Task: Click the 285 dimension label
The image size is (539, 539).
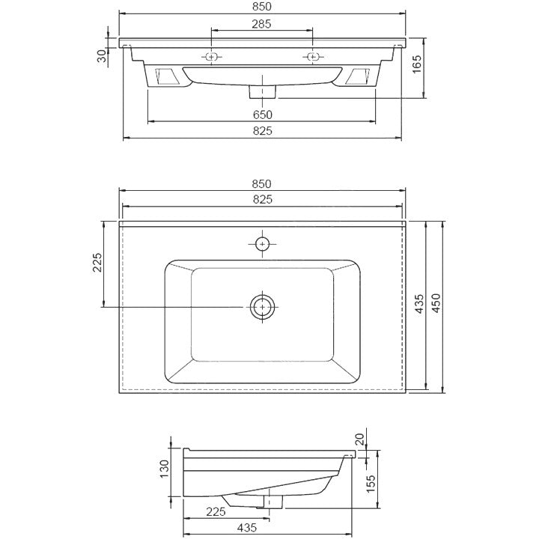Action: point(261,24)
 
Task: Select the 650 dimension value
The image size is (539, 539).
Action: point(262,115)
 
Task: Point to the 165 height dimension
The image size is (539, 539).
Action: point(416,64)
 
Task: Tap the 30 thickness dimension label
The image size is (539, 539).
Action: point(102,55)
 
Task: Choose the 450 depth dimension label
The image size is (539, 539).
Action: point(436,303)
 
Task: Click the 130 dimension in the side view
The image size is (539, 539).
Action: point(164,469)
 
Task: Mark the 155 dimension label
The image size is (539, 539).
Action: point(371,484)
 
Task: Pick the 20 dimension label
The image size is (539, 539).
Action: point(359,439)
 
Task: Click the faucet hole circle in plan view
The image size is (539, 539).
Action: point(262,244)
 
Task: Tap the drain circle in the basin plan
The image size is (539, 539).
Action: point(262,307)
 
